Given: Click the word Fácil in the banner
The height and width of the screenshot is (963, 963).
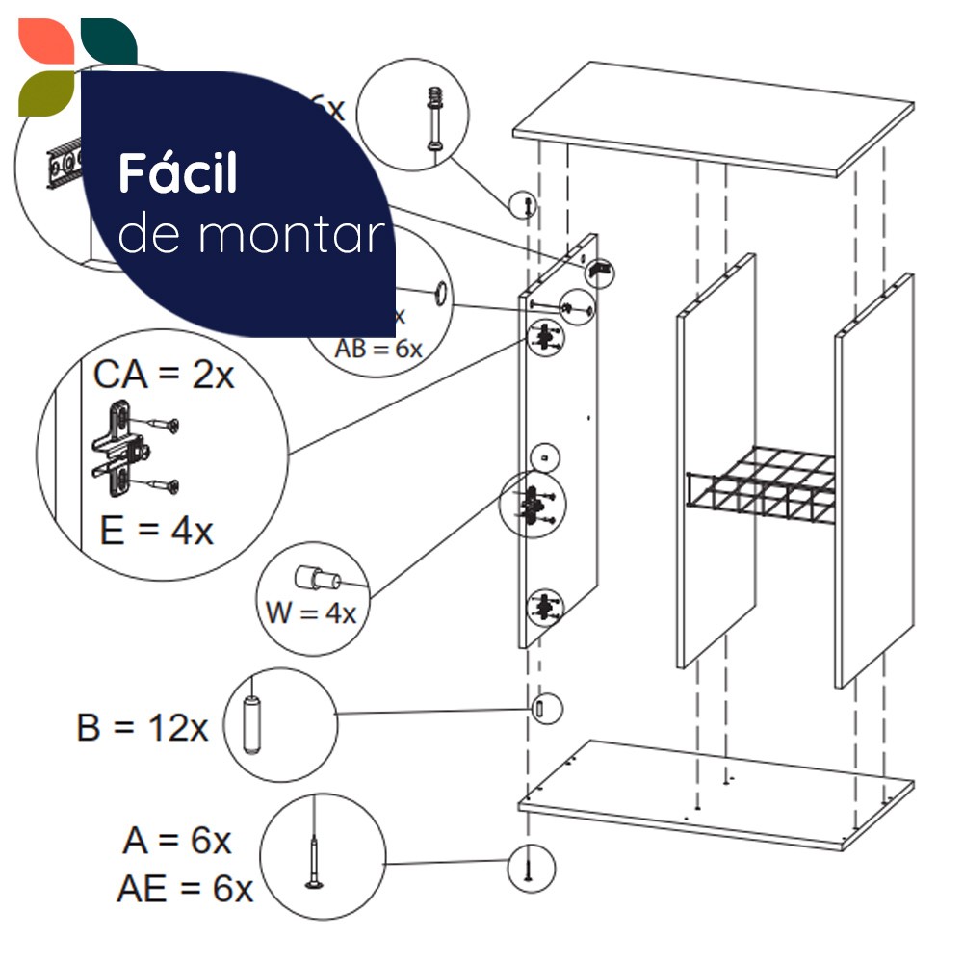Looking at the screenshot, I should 177,173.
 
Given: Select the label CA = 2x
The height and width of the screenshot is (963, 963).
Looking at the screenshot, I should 164,375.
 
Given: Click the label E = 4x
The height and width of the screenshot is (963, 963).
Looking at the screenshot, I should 156,530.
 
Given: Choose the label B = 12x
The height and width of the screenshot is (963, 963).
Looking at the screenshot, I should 143,727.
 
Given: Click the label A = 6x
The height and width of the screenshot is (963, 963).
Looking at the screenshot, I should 177,841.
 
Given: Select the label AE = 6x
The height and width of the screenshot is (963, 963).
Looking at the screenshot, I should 185,889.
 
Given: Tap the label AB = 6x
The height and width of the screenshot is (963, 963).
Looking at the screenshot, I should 378,349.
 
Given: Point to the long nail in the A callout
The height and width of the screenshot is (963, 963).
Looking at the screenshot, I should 317,856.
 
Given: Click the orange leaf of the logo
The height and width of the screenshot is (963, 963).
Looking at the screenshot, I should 43,42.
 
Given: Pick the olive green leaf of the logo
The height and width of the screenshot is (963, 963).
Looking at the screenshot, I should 45,92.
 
